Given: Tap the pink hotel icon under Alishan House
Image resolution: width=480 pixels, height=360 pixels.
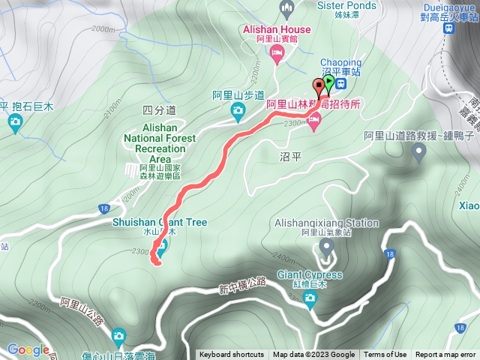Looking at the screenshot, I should click(x=277, y=52).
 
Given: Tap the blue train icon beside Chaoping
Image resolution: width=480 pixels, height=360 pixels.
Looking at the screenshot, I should click(x=340, y=83).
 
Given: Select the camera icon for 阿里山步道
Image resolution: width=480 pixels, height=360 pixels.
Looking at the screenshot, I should click(x=238, y=112).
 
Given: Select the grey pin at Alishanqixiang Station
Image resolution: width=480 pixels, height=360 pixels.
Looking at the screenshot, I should click(x=326, y=245).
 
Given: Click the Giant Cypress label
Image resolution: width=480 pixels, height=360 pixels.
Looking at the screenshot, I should click(x=307, y=274).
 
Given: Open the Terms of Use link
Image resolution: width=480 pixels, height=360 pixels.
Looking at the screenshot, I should click(x=385, y=355).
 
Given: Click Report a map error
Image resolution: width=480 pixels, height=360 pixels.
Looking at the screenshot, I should click(x=445, y=355).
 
